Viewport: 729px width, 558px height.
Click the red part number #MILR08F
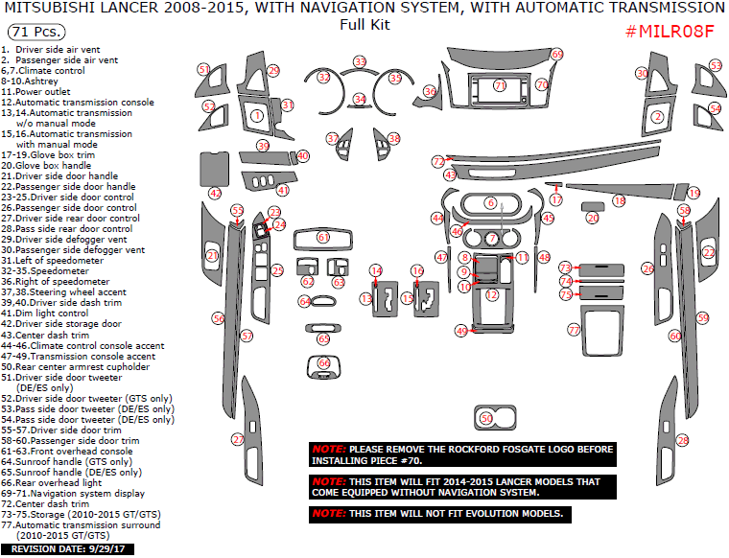[x=670, y=30]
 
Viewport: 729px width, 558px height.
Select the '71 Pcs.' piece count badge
[x=32, y=31]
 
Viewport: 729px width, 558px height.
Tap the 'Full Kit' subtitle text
[x=364, y=25]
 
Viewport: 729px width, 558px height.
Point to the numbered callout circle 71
[x=500, y=85]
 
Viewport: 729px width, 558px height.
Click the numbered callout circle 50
[x=487, y=418]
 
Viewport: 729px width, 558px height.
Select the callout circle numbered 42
[x=215, y=193]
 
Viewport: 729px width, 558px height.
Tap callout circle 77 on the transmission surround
[x=574, y=329]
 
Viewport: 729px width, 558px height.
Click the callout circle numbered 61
[x=323, y=237]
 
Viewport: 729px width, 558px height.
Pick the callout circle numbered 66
[x=323, y=363]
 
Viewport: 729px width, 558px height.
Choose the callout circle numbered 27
[x=238, y=439]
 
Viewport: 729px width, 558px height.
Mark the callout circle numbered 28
[x=683, y=441]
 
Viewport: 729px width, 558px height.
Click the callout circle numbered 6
[x=490, y=203]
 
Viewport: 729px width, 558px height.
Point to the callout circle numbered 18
[x=619, y=200]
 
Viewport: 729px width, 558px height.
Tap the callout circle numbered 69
[x=557, y=55]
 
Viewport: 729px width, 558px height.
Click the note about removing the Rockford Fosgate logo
[x=461, y=454]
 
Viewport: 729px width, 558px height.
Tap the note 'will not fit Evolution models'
[x=441, y=514]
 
